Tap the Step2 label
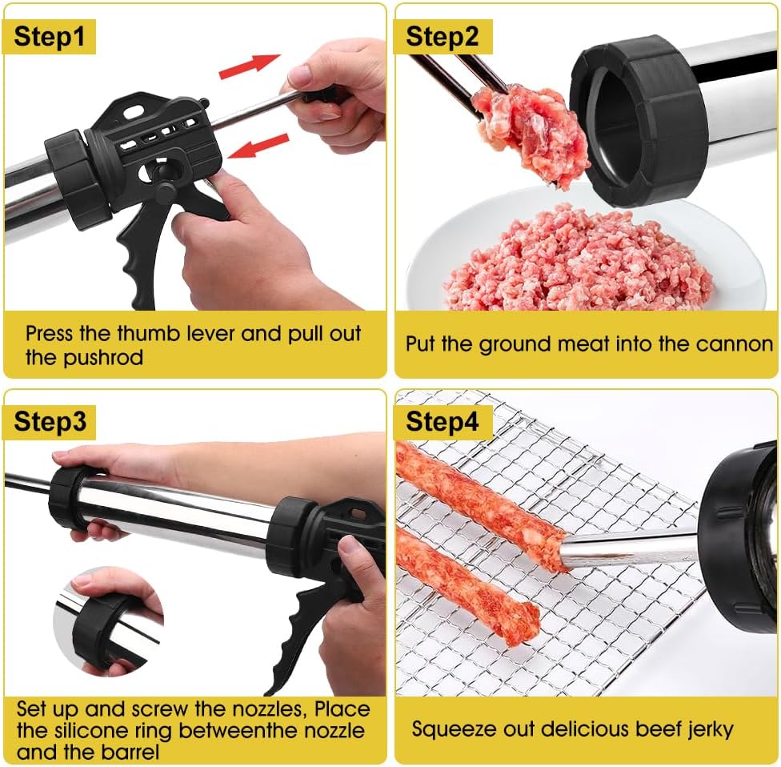click(442, 36)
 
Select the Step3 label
click(50, 422)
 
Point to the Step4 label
click(442, 422)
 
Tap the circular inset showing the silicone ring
click(108, 620)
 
